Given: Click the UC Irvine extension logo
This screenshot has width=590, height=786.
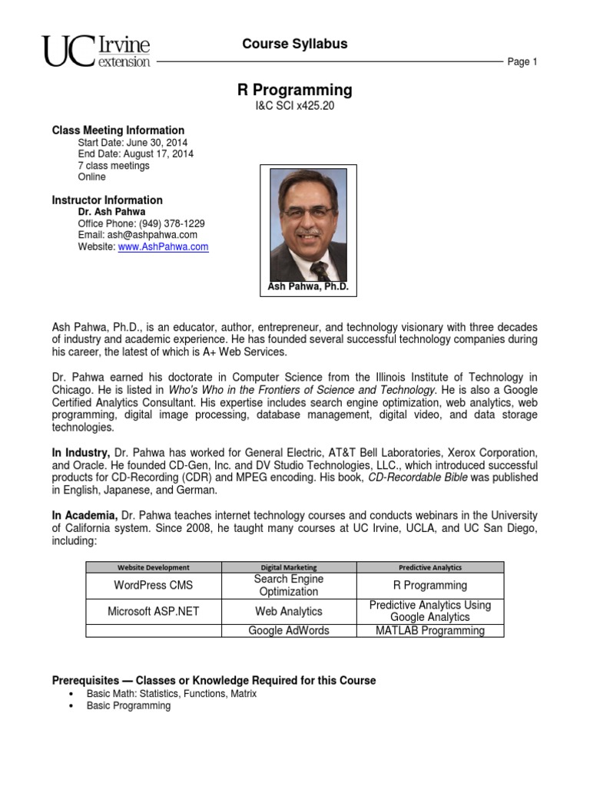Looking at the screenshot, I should [x=97, y=51].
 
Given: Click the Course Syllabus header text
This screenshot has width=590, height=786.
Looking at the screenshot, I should [x=295, y=44].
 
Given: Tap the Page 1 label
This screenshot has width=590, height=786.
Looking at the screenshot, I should [x=522, y=62].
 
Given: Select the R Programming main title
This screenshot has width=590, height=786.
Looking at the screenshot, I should [x=295, y=90].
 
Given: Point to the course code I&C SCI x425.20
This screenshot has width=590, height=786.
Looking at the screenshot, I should [x=295, y=107].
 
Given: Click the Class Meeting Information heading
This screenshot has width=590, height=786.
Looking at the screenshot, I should [x=118, y=130].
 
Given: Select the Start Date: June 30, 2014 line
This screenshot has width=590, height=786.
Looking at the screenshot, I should [x=132, y=143].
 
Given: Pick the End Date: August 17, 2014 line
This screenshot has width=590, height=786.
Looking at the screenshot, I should [x=136, y=154].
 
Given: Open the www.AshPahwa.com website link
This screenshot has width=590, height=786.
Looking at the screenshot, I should [x=163, y=247].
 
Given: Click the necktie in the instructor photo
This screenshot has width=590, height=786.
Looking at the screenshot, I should [x=319, y=269].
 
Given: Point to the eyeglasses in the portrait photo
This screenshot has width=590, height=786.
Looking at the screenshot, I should [x=308, y=211].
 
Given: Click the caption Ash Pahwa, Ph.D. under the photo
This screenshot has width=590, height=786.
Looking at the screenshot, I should [x=308, y=286].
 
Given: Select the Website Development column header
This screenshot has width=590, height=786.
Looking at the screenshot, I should [x=153, y=567].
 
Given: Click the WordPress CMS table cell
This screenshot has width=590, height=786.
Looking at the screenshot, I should [x=153, y=586].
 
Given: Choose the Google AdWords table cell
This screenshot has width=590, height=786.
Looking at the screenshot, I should [x=288, y=630].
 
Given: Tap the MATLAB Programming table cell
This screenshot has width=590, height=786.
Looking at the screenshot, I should [x=429, y=630].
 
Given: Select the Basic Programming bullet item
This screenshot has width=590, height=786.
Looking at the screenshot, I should [x=128, y=705].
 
